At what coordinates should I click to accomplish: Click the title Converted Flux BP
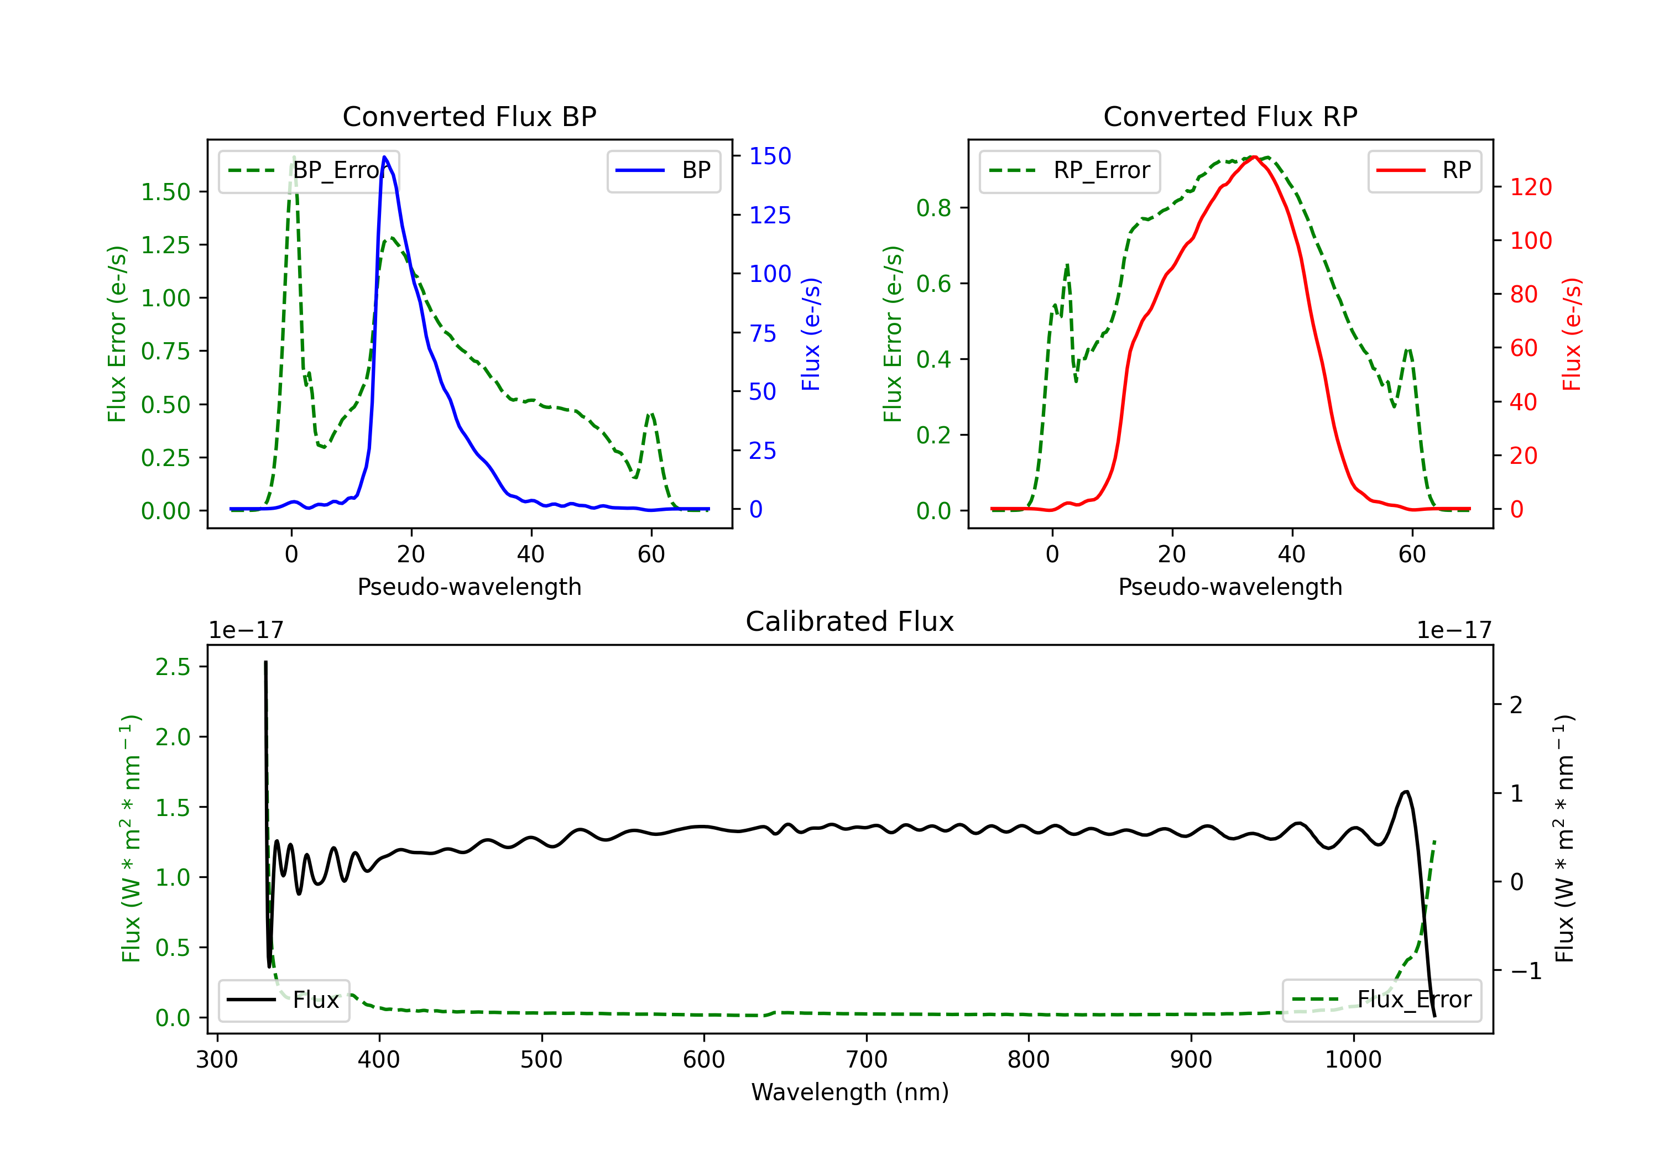click(x=469, y=116)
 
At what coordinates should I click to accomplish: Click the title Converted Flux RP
click(x=1230, y=116)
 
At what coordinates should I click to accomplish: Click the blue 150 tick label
click(x=770, y=156)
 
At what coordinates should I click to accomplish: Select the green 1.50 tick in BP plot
click(x=165, y=192)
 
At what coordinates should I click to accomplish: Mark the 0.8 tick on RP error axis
click(x=933, y=208)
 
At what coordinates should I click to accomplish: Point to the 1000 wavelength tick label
click(x=1353, y=1060)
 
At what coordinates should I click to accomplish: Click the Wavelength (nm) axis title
click(x=850, y=1092)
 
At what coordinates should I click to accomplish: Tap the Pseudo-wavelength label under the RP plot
click(x=1230, y=587)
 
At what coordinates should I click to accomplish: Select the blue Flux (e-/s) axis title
click(x=811, y=334)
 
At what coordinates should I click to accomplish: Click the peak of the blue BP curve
click(x=384, y=157)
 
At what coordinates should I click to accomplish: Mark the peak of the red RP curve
click(x=1254, y=157)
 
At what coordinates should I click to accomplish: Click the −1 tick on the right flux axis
click(x=1525, y=971)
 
